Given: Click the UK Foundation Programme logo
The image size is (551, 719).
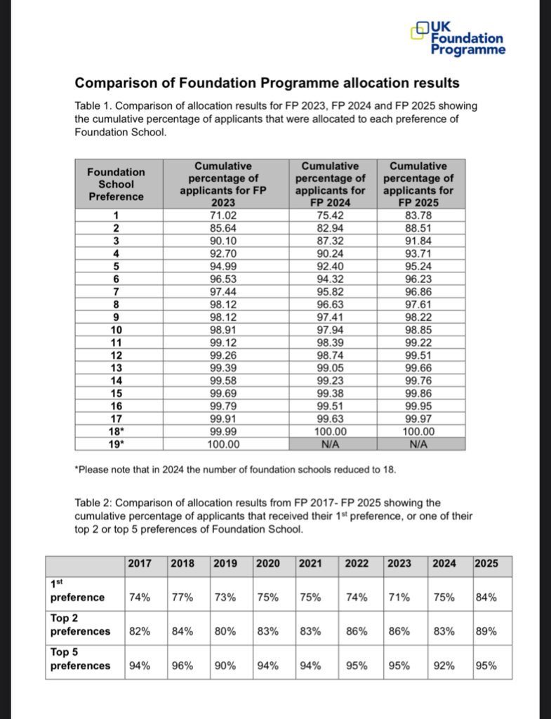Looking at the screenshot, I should click(458, 38).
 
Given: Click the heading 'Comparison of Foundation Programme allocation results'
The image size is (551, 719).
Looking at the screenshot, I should click(267, 84).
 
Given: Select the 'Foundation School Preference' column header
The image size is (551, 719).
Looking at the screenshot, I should click(116, 184).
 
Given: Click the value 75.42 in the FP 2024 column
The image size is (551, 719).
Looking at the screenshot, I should click(333, 216).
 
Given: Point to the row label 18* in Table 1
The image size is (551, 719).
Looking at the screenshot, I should click(117, 432).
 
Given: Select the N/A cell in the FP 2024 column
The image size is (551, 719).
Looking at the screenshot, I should click(333, 444).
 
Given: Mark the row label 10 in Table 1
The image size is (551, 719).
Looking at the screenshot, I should click(117, 330).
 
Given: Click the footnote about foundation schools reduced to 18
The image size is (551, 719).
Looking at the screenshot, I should click(235, 469).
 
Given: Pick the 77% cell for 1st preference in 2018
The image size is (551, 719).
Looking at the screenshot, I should click(183, 598).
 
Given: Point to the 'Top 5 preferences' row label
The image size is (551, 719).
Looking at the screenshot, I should click(81, 659).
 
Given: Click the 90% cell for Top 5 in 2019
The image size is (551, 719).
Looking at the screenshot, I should click(225, 665).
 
